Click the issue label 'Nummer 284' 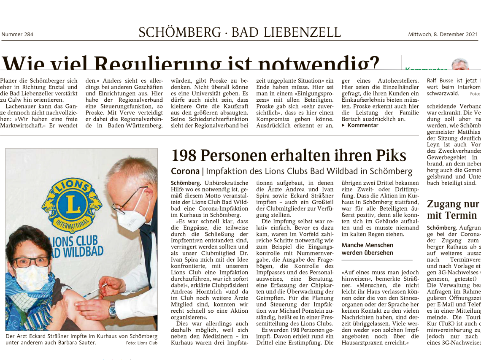pyautogui.click(x=17, y=34)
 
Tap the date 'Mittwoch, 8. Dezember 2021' pyautogui.click(x=443, y=34)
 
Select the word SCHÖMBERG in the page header pyautogui.click(x=179, y=32)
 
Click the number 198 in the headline pyautogui.click(x=184, y=156)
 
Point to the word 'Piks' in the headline pyautogui.click(x=391, y=156)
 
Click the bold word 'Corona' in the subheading pyautogui.click(x=185, y=171)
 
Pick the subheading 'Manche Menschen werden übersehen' pyautogui.click(x=367, y=249)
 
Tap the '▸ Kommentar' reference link pyautogui.click(x=360, y=125)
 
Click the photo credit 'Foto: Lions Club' pyautogui.click(x=141, y=343)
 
